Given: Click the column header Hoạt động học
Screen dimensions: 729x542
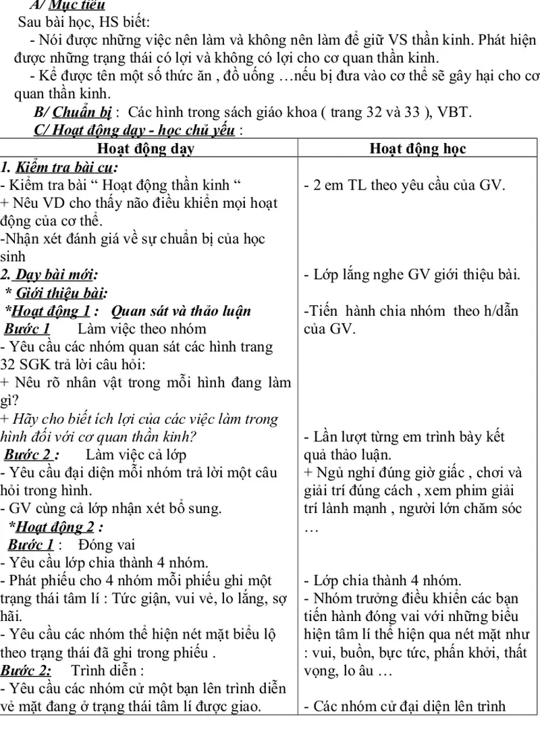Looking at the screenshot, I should coord(418,148).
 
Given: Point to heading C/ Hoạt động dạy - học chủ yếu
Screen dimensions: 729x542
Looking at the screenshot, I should coord(138,130).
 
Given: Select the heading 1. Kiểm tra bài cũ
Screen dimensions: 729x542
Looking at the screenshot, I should coord(59,167).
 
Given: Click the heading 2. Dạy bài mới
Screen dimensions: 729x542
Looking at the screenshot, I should coord(49,275).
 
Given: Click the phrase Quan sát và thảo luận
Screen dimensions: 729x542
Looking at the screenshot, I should coord(180,311).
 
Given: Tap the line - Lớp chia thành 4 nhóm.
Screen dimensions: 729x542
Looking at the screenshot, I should coord(383,580).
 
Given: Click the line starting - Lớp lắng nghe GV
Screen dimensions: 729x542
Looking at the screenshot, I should coord(411,275).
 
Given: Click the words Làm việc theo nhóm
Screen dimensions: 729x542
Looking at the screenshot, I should coord(142,329).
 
